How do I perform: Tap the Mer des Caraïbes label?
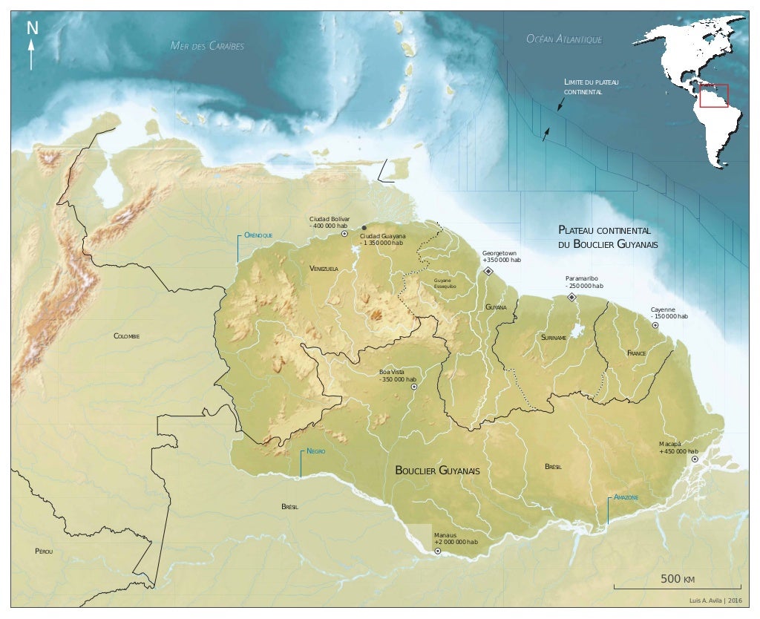207,46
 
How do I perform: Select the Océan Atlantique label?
563,39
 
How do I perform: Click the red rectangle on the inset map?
713,96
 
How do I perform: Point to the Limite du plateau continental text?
591,86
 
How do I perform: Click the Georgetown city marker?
488,272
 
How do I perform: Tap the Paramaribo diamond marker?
571,297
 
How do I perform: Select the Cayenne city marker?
655,325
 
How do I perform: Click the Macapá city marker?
695,459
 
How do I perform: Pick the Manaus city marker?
438,551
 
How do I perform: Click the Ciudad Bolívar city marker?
344,233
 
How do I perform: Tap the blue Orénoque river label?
258,235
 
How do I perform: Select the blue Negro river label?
316,451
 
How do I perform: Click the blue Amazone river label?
625,497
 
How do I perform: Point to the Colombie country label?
127,336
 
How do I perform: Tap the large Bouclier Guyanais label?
437,471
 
